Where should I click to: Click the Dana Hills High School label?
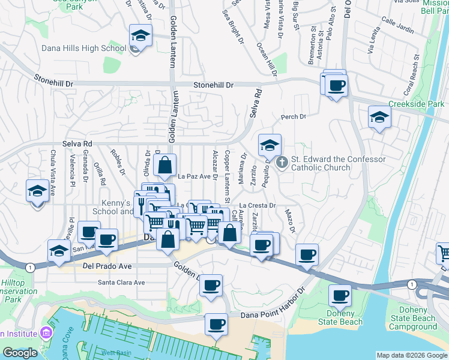click(x=83, y=49)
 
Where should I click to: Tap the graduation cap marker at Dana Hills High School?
click(x=140, y=37)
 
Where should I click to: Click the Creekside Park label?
click(x=416, y=104)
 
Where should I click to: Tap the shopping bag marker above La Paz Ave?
click(x=164, y=164)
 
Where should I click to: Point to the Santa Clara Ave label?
click(x=122, y=283)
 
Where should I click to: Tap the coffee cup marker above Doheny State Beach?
click(x=340, y=295)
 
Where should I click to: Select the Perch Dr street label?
click(x=294, y=117)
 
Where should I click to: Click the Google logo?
click(x=20, y=353)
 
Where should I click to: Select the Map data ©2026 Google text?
click(x=411, y=355)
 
